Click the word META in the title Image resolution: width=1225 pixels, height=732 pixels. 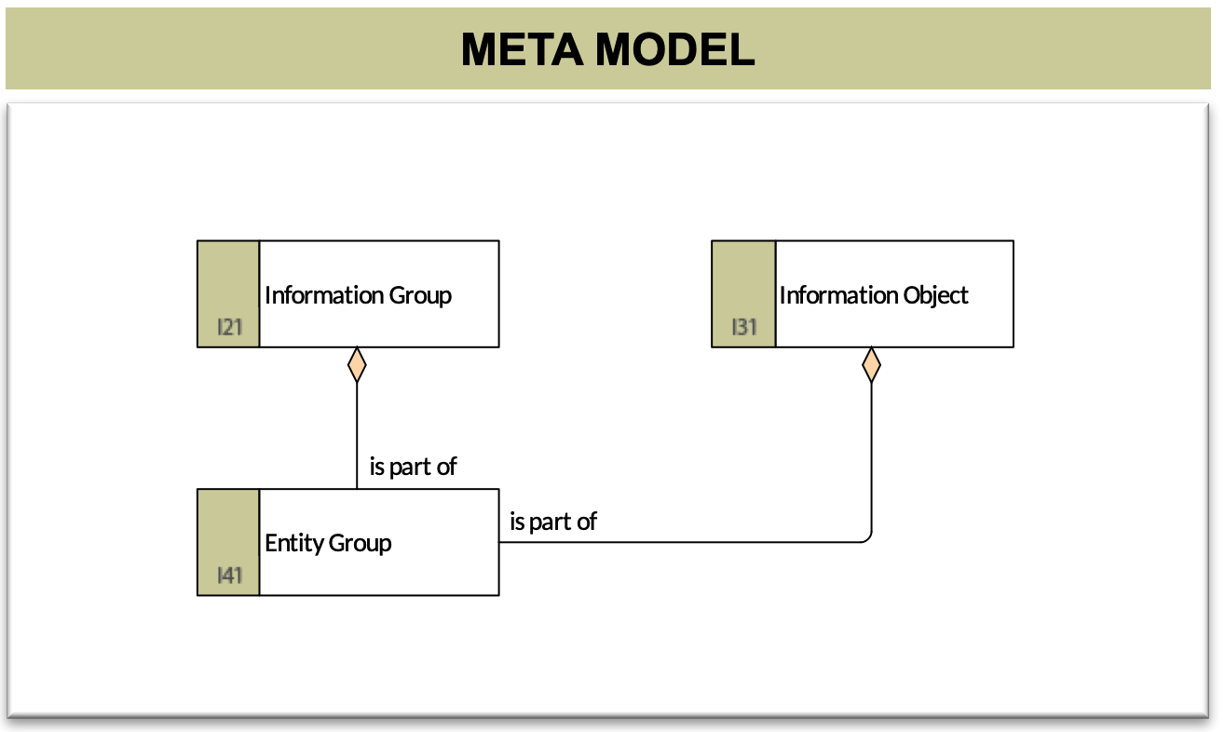pos(523,49)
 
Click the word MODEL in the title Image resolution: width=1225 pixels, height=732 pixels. pos(674,49)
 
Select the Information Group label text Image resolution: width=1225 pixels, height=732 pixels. pos(359,296)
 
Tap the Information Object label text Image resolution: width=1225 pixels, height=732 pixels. pos(874,296)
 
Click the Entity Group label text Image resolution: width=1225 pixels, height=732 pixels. pos(328,543)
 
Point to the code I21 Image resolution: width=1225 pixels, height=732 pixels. pos(230,327)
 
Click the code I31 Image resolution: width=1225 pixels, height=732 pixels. pos(744,327)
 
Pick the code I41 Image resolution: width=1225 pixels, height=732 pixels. pos(230,576)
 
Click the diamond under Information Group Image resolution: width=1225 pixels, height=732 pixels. pos(357,365)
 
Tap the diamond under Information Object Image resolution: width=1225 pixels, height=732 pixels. pos(871,365)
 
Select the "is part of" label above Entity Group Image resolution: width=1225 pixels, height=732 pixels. pos(413,468)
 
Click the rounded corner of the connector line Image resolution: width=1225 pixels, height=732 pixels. pos(868,539)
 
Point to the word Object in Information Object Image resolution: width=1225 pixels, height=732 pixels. pos(935,296)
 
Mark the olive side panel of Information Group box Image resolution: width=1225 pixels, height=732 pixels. pos(228,294)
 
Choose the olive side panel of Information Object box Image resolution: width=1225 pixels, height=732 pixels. pos(743,294)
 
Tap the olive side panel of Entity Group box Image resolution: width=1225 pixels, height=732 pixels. pos(228,542)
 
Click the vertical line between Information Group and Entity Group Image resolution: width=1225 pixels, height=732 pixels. pos(357,436)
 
